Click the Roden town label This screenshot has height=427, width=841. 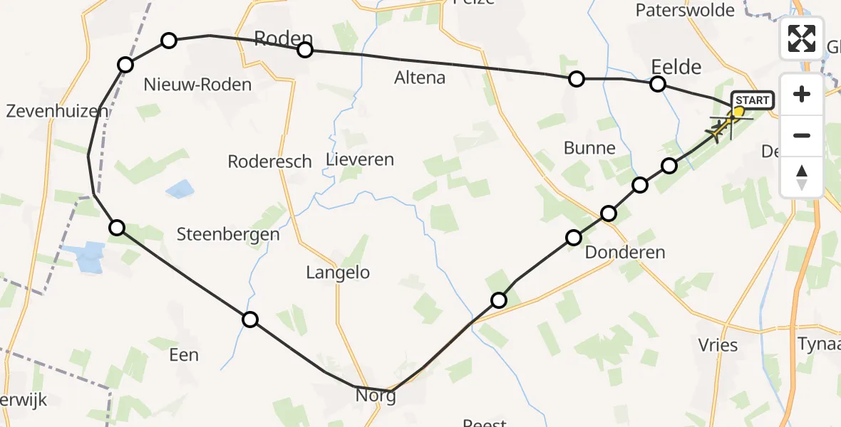tap(283, 38)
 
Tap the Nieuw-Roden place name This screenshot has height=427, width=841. tap(197, 85)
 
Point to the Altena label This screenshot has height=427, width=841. tap(420, 78)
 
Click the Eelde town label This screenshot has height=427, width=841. tap(676, 68)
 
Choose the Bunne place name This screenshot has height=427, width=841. tap(589, 148)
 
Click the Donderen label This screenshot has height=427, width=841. tap(615, 252)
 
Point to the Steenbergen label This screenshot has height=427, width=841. tap(228, 233)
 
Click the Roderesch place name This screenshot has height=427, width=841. tap(269, 162)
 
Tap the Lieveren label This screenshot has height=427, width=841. tap(360, 159)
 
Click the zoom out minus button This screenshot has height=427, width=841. tap(802, 135)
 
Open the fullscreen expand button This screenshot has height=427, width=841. tap(802, 38)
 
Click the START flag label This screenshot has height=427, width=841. tap(751, 100)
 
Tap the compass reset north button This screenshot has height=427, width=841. tap(802, 176)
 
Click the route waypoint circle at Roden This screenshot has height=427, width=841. tap(305, 49)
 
